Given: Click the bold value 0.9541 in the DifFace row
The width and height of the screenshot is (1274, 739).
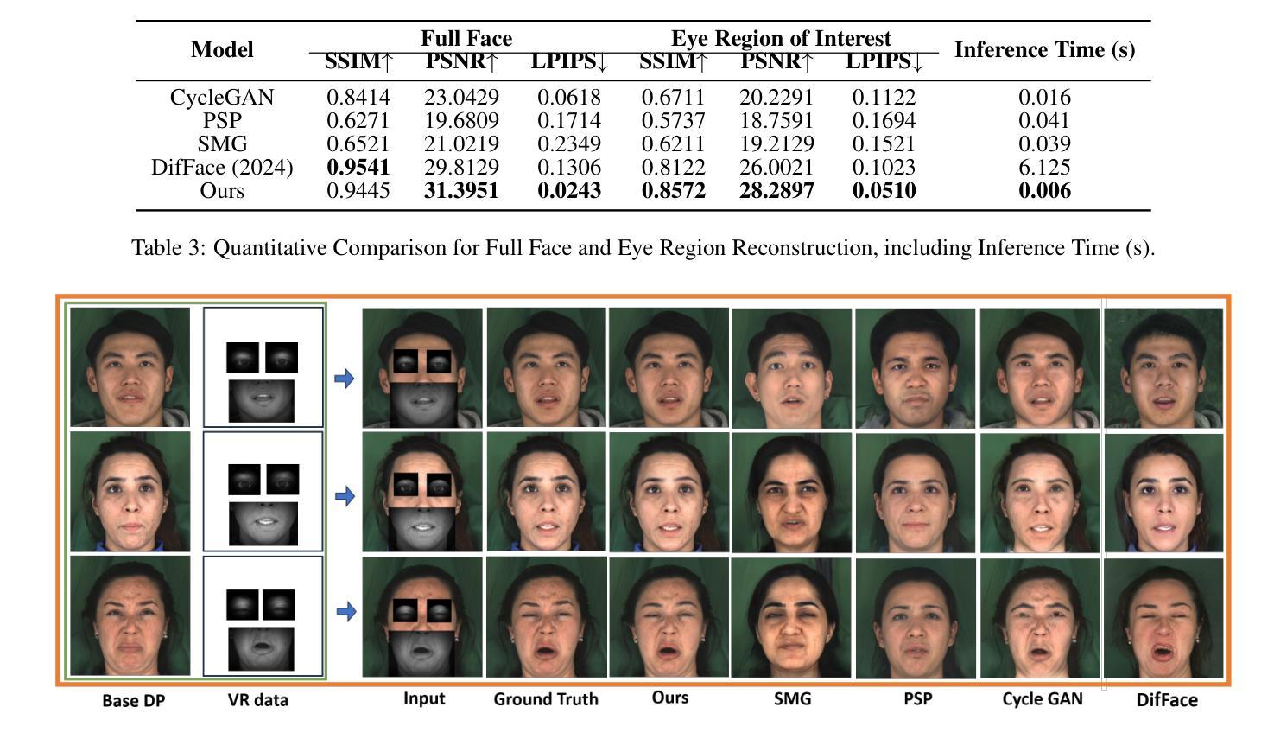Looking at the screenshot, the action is [x=358, y=167].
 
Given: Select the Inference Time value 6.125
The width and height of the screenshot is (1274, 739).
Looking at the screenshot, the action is [x=1044, y=167].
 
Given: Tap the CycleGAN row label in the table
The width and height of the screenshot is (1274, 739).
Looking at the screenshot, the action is [x=222, y=97].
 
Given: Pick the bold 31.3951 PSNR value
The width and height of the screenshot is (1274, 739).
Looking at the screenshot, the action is [x=461, y=190].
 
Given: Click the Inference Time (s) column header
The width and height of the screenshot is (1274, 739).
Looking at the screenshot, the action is [x=1044, y=49].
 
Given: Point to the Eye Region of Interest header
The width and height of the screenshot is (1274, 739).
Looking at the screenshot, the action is [x=781, y=38].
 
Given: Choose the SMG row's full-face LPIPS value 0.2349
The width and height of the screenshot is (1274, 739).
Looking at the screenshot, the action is [x=568, y=143].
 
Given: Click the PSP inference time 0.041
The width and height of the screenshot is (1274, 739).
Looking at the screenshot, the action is [x=1044, y=120].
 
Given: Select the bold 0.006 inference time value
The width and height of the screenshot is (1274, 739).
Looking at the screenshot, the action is [x=1044, y=190].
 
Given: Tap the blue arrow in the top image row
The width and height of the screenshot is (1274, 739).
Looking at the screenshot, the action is [x=344, y=378].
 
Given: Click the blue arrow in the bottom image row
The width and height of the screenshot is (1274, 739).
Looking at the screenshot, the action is [x=345, y=612].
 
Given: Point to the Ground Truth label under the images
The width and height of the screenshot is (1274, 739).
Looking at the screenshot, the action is [x=546, y=698].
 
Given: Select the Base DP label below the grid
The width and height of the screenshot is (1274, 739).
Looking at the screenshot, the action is [x=134, y=700].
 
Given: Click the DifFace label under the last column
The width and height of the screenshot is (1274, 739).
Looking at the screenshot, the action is [x=1167, y=700].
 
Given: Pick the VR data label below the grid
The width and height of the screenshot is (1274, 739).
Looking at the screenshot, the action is [x=257, y=700].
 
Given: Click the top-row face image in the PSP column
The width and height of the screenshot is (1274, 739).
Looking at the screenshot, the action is [x=915, y=368].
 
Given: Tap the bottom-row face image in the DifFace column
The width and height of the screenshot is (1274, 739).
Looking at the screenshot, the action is [x=1163, y=618].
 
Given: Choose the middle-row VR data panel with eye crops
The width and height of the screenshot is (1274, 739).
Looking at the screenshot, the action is [x=263, y=491].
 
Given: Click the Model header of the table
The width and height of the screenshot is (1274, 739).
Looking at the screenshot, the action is [x=222, y=49].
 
